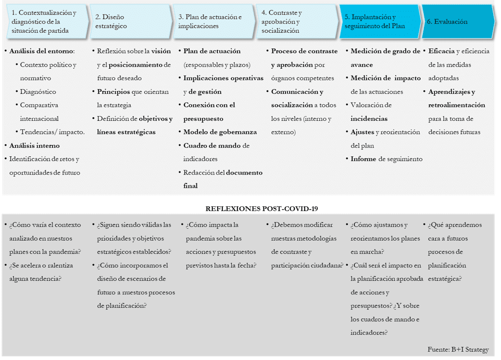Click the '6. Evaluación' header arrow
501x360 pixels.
point(456,22)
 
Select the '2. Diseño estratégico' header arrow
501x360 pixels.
point(130,21)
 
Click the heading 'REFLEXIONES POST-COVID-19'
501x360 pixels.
point(261,208)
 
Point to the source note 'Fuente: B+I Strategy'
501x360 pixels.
point(458,349)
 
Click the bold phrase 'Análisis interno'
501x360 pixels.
point(34,146)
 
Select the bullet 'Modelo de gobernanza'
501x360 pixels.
point(220,132)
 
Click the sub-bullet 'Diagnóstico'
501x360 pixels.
point(38,92)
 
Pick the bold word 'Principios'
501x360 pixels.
point(114,92)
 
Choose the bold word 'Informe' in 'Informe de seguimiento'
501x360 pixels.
point(364,159)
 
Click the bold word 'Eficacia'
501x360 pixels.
point(441,51)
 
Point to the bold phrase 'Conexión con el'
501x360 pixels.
point(209,105)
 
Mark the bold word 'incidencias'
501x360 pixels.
point(369,119)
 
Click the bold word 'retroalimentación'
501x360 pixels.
point(456,105)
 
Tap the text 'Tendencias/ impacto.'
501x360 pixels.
point(52,132)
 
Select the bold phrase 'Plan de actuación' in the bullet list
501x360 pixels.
point(212,51)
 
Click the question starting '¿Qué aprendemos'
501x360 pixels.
point(455,225)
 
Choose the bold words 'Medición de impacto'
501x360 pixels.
point(385,78)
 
